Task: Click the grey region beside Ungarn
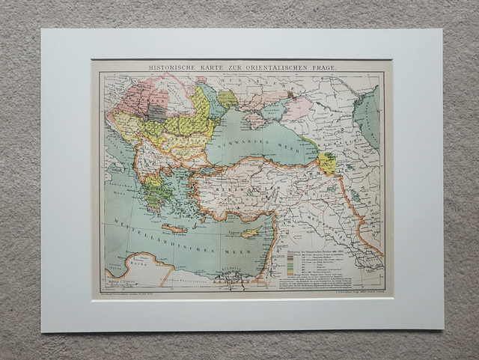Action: pos(156,113)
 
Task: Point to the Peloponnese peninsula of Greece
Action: pos(155,201)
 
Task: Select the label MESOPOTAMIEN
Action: pos(341,217)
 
